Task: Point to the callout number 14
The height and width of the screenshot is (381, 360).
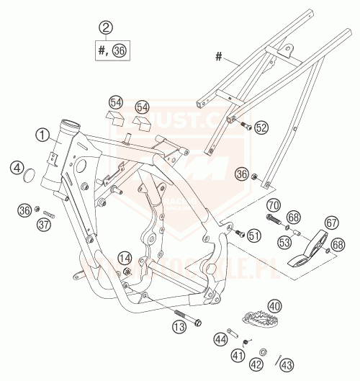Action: [x=125, y=258]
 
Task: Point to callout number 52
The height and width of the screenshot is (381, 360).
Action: [x=261, y=127]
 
